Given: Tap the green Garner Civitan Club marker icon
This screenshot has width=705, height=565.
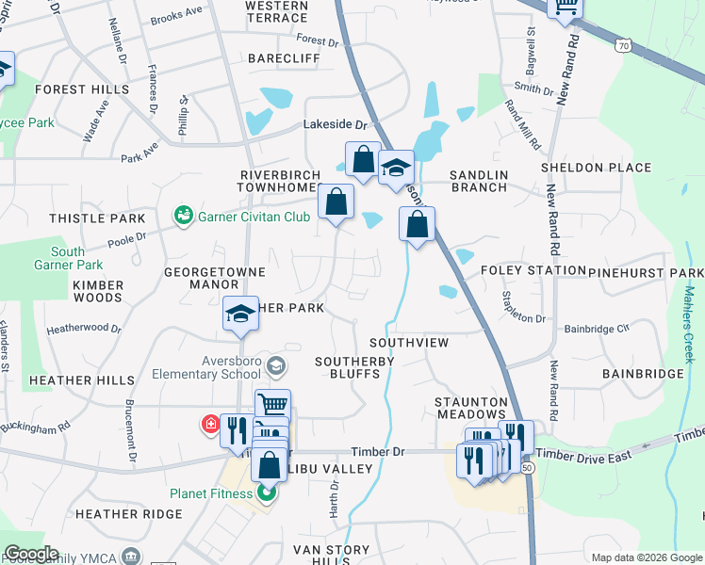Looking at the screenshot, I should (x=183, y=217).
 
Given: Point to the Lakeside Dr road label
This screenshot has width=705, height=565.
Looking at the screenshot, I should (x=334, y=124).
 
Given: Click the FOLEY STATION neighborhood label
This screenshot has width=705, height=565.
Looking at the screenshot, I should (x=533, y=270).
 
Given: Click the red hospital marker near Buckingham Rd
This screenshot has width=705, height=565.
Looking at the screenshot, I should (x=209, y=424).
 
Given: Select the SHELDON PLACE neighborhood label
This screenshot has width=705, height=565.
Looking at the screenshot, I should (x=596, y=169).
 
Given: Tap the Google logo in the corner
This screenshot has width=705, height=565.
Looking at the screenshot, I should (x=32, y=553).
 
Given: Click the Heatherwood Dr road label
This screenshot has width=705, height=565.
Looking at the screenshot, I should (x=86, y=329).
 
